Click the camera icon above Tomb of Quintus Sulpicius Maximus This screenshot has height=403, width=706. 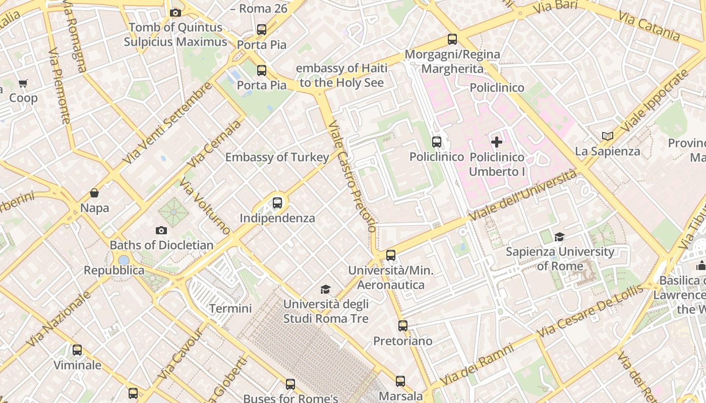point(175,13)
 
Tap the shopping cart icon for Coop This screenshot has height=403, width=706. point(23,84)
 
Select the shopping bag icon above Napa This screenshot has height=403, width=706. point(94,193)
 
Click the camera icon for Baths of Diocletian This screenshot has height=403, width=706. point(161,231)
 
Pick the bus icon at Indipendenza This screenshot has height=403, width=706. point(277,203)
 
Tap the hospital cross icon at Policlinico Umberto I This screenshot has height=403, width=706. point(497,142)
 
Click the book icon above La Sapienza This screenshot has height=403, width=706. point(608,137)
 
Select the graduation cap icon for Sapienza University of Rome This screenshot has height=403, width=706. point(559,237)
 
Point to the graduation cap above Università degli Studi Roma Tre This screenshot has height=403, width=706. point(326,290)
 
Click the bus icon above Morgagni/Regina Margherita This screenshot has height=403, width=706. point(452,39)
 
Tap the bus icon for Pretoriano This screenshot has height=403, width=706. point(402,326)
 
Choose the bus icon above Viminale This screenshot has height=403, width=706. point(77,350)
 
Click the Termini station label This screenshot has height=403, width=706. point(230,308)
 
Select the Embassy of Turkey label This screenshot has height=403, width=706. point(277,157)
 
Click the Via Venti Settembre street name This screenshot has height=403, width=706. point(167,123)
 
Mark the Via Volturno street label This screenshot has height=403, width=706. point(204,207)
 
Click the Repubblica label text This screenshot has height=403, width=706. point(114,271)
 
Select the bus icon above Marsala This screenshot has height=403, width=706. point(400,381)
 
